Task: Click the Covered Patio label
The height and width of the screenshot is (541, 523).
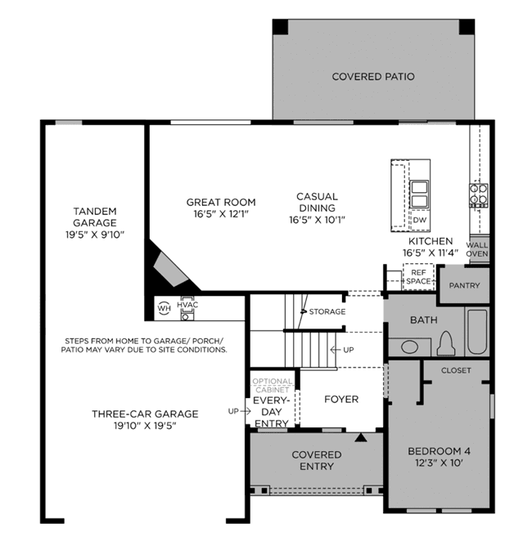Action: coord(373,76)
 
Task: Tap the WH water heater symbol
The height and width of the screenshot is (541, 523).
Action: coord(164,308)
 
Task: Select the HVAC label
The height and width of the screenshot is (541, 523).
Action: coord(187,305)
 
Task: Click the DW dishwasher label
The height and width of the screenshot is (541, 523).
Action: coord(420,220)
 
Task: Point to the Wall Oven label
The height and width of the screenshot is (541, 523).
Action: coord(477,249)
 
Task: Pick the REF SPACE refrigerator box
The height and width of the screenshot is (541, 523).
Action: coord(418,277)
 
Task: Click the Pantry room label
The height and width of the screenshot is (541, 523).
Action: coord(464,285)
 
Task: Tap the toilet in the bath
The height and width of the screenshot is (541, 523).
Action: coord(446,343)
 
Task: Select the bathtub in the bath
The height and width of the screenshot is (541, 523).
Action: coord(477,332)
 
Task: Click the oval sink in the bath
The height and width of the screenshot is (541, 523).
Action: coord(410,347)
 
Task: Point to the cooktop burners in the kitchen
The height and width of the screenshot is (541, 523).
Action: coord(479,195)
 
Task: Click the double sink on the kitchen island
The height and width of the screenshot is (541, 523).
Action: coord(419,194)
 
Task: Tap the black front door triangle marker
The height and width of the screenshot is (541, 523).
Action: coord(361,437)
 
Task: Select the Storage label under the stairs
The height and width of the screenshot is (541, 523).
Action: coord(327,312)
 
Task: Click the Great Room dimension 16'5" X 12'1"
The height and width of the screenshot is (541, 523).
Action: coord(221,214)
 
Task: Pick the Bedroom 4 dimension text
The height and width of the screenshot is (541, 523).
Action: coord(439,463)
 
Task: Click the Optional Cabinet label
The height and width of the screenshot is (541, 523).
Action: coord(273,386)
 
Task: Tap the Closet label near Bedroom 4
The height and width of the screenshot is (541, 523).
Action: coord(456,370)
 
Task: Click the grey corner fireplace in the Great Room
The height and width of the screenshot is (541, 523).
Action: coord(170,269)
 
